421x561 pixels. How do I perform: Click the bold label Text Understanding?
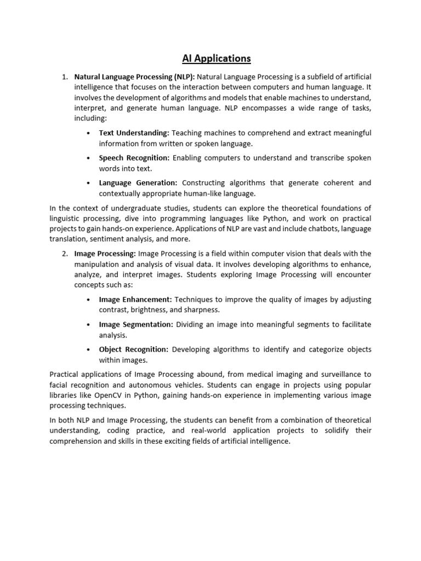click(134, 133)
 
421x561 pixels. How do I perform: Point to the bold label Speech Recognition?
click(134, 158)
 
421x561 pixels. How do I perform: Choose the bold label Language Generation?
click(138, 183)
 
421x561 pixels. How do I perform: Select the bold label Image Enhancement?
click(135, 300)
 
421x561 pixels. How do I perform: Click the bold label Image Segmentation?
click(136, 324)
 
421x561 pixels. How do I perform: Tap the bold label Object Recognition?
click(134, 350)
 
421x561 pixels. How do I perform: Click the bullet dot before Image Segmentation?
click(89, 325)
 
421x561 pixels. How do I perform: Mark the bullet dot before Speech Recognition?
click(89, 158)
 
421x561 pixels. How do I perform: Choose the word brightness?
click(149, 310)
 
